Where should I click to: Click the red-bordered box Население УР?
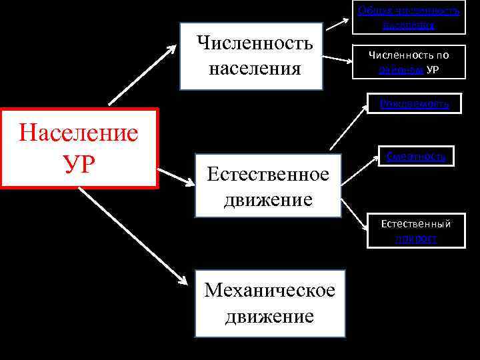pos(79,148)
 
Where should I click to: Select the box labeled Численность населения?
pos(251,56)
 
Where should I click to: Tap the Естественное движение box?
pos(268,187)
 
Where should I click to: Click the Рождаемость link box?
pos(414,104)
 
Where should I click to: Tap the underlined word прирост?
pos(415,238)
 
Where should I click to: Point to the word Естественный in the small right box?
pos(415,224)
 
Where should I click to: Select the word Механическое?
pos(269,291)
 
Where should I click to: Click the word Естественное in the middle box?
pos(268,175)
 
